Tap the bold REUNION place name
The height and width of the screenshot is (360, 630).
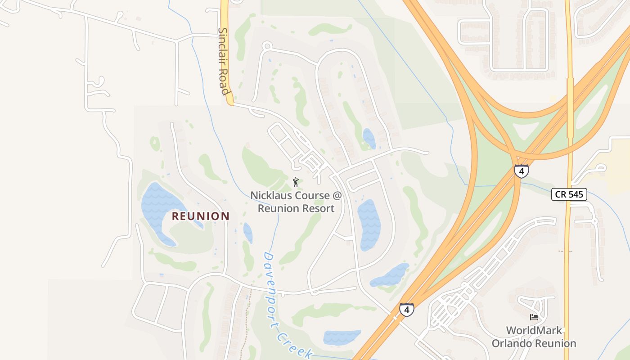(201, 216)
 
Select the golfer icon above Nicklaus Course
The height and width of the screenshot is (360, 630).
(296, 182)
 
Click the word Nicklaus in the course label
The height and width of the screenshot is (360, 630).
(270, 196)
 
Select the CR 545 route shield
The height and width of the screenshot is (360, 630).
(569, 194)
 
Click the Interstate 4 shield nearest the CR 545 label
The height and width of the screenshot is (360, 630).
(521, 171)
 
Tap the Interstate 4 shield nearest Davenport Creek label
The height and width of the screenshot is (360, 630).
(406, 310)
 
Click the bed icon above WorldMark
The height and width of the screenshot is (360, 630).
(534, 317)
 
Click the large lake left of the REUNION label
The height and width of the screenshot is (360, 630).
(157, 207)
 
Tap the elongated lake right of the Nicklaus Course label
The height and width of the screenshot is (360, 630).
(369, 224)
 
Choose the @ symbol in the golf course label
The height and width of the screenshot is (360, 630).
(337, 196)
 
